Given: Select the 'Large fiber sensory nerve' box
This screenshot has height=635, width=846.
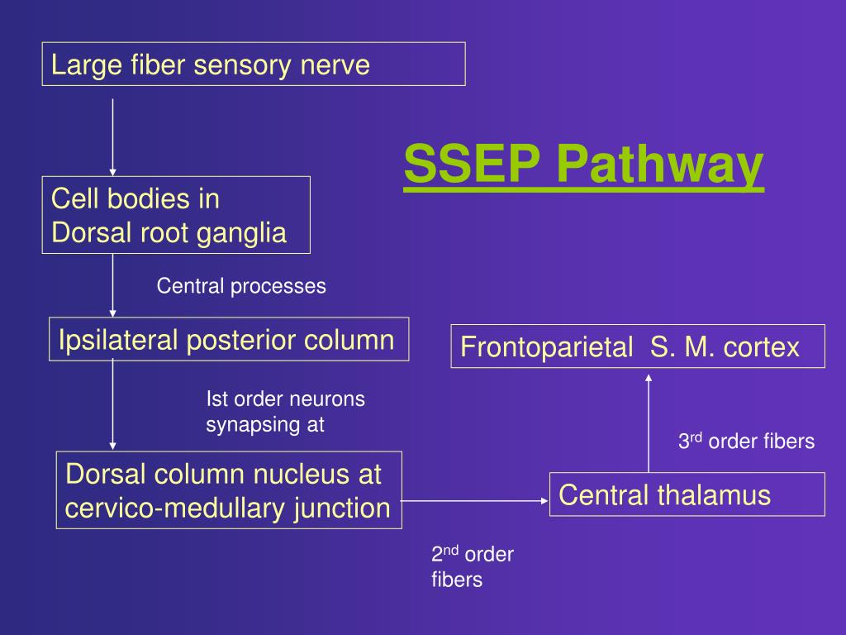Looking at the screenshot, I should pyautogui.click(x=254, y=64).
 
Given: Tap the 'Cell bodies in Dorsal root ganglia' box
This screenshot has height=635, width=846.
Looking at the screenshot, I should pyautogui.click(x=176, y=215).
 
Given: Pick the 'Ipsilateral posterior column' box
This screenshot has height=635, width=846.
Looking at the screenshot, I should pyautogui.click(x=229, y=339).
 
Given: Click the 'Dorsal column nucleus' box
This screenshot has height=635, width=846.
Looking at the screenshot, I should pyautogui.click(x=229, y=490).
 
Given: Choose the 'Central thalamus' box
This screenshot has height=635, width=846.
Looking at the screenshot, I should pyautogui.click(x=687, y=494).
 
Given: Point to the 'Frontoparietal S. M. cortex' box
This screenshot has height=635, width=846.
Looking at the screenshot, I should pyautogui.click(x=638, y=346).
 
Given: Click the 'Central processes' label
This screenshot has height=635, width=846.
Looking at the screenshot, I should pyautogui.click(x=241, y=286).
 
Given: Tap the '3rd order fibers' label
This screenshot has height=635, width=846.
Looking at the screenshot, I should pyautogui.click(x=746, y=442).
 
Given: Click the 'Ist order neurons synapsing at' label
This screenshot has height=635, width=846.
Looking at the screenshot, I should pyautogui.click(x=285, y=412).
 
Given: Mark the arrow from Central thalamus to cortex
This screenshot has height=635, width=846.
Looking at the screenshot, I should pyautogui.click(x=649, y=422).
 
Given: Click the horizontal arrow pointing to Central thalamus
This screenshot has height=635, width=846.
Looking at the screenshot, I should pyautogui.click(x=475, y=500).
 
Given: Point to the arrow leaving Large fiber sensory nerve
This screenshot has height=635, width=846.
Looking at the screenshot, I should pyautogui.click(x=112, y=136).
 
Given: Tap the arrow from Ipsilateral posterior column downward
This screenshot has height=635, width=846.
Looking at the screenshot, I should pyautogui.click(x=112, y=405).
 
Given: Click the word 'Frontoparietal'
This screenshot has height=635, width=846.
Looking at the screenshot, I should pyautogui.click(x=545, y=347).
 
